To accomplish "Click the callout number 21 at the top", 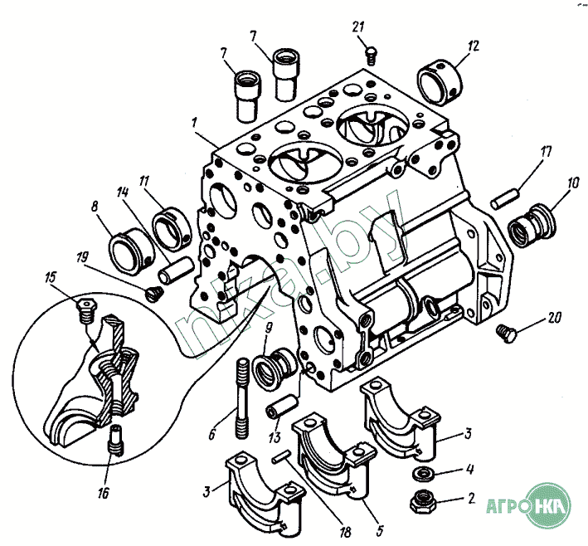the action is [x=358, y=27].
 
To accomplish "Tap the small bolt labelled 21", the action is [x=372, y=56].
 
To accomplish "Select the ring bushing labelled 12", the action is [x=440, y=82].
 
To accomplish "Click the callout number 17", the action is [x=547, y=152].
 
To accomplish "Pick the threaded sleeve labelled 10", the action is [x=532, y=225].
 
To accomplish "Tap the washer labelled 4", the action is [x=423, y=474].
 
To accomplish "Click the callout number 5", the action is [x=380, y=530].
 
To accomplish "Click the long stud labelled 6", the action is [x=243, y=398].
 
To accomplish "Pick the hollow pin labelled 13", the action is [x=282, y=407].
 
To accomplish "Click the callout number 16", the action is [x=103, y=493].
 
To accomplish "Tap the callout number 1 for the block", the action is [x=194, y=122].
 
